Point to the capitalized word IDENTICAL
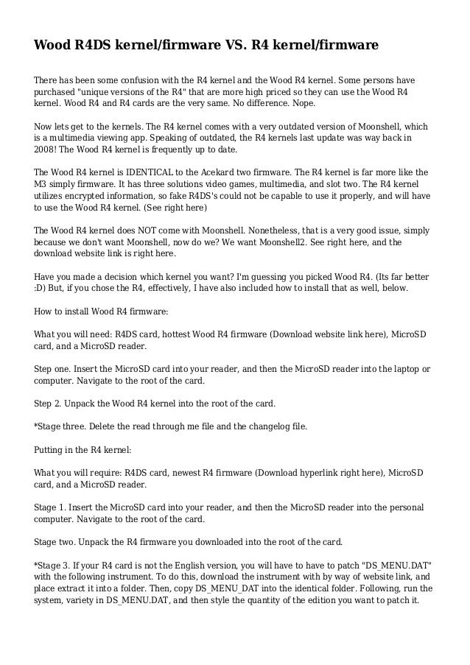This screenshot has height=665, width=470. coord(155,172)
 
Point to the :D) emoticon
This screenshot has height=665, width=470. coord(43,286)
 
